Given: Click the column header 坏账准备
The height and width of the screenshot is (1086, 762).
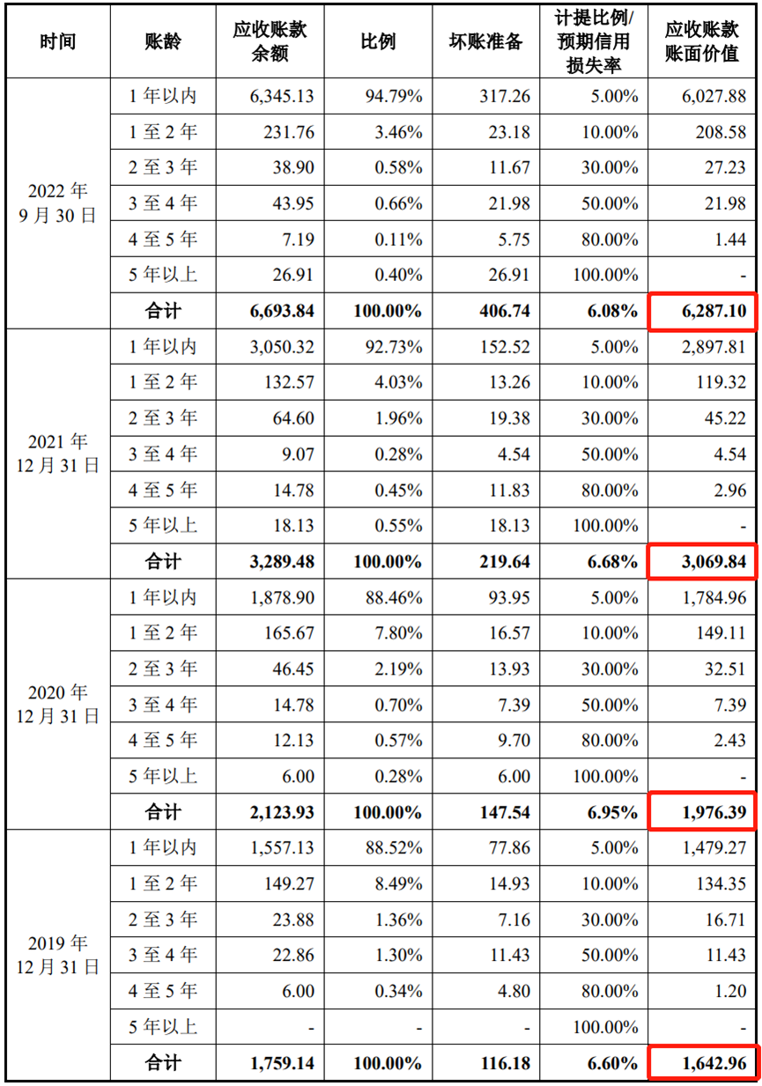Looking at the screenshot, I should tap(487, 42).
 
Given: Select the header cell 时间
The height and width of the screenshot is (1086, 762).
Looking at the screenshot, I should tap(58, 42).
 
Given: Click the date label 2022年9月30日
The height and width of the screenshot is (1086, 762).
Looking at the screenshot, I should tap(58, 203).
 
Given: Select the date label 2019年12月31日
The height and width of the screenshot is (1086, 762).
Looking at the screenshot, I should tap(58, 955).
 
